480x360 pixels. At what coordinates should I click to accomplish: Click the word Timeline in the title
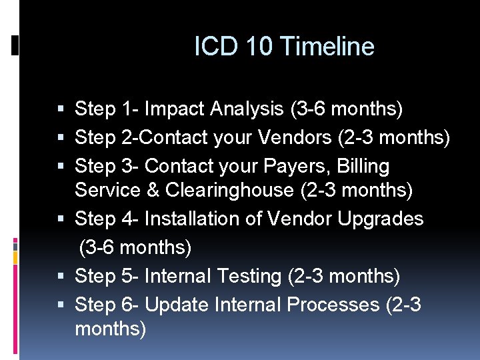click(327, 47)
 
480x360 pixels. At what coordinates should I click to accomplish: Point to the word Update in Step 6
click(177, 305)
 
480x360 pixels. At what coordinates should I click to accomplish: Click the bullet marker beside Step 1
click(62, 109)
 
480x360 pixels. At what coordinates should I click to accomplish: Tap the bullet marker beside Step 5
click(62, 276)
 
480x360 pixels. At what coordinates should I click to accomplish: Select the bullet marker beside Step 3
click(62, 166)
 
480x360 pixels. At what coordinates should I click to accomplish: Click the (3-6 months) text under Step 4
click(135, 248)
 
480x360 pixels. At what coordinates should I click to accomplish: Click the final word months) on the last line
click(110, 329)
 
